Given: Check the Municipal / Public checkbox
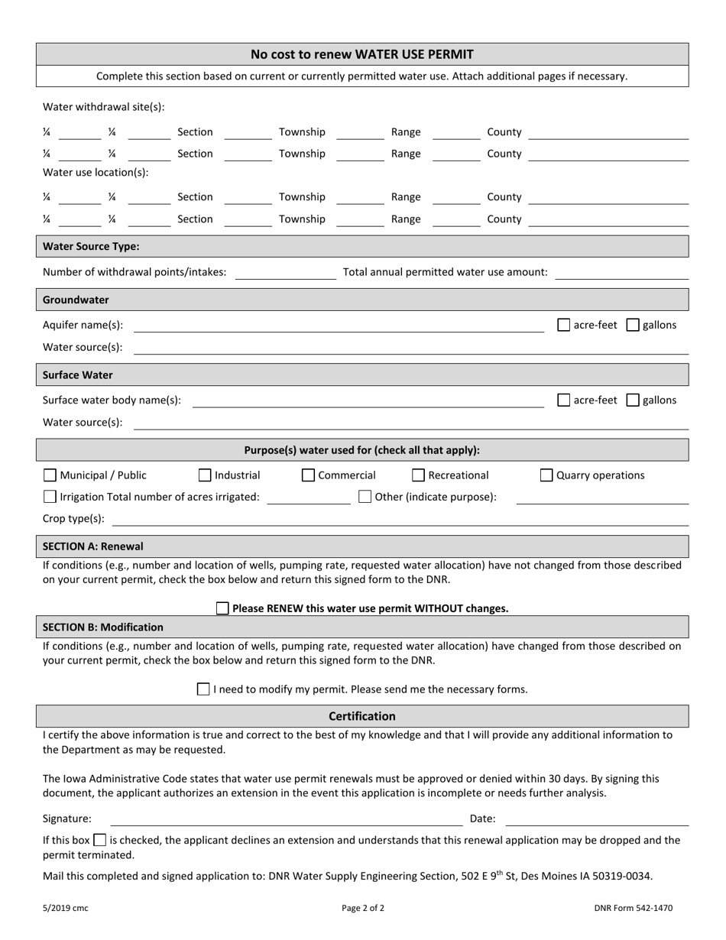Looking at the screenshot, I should [50, 475].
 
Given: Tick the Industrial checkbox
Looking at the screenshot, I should [205, 475].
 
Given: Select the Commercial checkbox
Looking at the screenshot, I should [308, 475].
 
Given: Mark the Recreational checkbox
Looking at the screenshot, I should [418, 475].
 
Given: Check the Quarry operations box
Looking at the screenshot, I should [546, 475].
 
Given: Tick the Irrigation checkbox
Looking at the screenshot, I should [50, 497].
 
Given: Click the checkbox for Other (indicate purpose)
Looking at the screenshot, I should [365, 497].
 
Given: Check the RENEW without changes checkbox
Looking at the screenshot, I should [222, 608].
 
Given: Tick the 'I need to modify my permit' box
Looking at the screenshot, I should [203, 689].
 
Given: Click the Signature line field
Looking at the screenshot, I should [287, 819].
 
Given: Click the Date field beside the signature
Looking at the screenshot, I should [597, 819].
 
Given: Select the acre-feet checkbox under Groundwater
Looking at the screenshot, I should [564, 325].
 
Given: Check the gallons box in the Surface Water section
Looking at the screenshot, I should [633, 400].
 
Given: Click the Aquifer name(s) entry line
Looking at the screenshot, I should [339, 326].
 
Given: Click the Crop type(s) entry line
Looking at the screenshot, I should [400, 519].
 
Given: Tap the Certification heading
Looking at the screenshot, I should [362, 716].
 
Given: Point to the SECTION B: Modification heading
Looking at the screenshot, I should [103, 627].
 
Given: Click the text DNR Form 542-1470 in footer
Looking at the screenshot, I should [633, 909].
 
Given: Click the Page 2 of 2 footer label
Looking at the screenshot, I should [363, 909].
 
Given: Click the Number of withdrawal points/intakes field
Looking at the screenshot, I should [285, 273].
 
